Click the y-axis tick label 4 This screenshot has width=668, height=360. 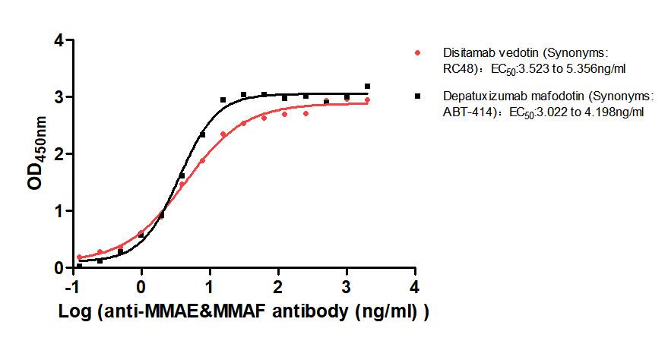click(x=58, y=40)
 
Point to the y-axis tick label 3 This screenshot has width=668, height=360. click(x=58, y=97)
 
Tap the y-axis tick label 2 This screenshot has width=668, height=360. click(x=58, y=154)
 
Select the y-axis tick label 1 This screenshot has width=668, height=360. click(x=58, y=211)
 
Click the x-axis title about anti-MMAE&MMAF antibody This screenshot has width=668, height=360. click(x=243, y=314)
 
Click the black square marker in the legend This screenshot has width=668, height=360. click(x=418, y=97)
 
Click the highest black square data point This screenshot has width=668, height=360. click(x=368, y=87)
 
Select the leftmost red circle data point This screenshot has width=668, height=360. click(x=80, y=257)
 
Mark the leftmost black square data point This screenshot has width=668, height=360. click(x=80, y=266)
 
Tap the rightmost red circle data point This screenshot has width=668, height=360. click(x=368, y=100)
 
